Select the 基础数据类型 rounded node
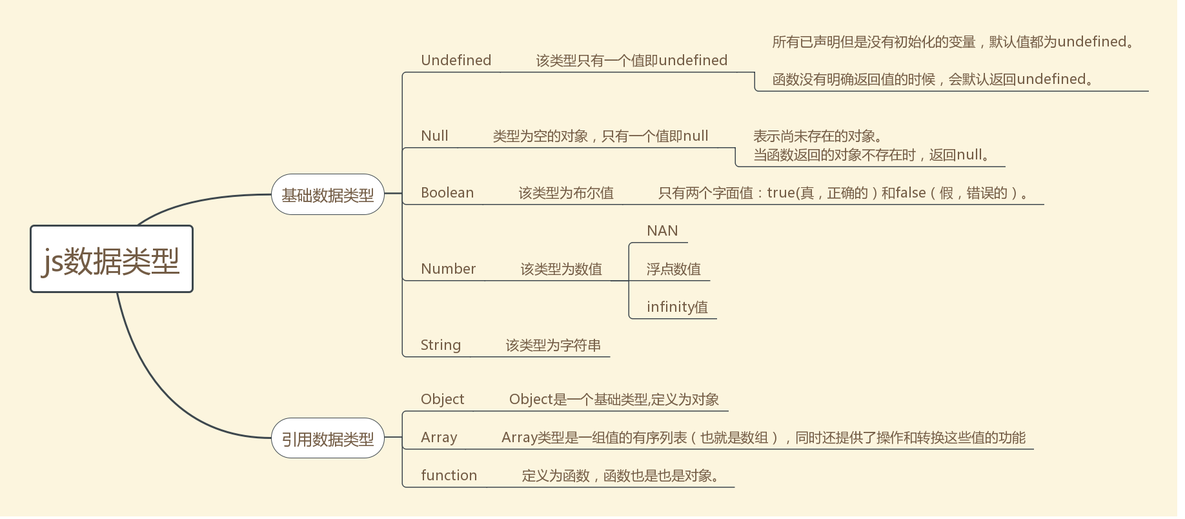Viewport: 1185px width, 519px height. tap(328, 195)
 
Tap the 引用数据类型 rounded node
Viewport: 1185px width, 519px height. tap(328, 439)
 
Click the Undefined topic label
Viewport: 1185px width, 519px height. tap(456, 61)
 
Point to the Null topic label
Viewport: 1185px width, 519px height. tap(434, 136)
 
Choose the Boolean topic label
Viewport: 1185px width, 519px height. tap(447, 193)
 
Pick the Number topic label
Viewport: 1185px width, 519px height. tap(449, 269)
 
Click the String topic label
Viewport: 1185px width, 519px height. tap(441, 345)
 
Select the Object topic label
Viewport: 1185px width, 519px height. tap(443, 400)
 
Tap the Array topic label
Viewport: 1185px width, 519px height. tap(439, 438)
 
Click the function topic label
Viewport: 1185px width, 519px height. tap(449, 476)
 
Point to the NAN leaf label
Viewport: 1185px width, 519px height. tap(662, 231)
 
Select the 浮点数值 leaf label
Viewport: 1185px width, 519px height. tap(674, 269)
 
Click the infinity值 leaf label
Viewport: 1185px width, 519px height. tap(678, 307)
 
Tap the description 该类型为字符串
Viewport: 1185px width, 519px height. tap(553, 345)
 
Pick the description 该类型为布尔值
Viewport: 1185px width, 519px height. tap(566, 193)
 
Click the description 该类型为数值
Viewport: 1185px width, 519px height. tap(562, 269)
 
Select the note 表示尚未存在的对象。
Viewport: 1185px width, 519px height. tap(818, 136)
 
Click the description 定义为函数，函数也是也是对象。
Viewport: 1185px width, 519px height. tap(620, 476)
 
